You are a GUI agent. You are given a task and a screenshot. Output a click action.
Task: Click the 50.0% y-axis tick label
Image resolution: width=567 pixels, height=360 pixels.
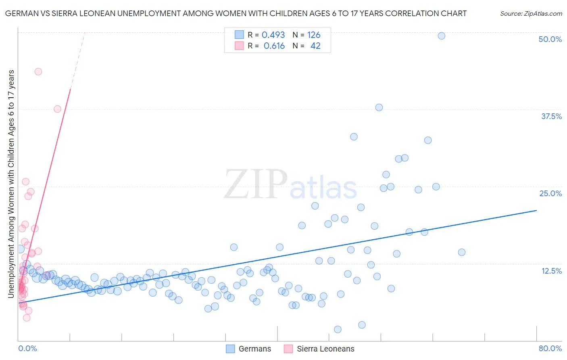[x=550, y=39]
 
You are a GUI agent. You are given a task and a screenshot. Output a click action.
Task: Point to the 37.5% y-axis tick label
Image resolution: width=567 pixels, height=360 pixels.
[x=551, y=116]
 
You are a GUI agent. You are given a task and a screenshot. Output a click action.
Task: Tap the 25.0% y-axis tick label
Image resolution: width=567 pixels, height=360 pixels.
[x=550, y=193]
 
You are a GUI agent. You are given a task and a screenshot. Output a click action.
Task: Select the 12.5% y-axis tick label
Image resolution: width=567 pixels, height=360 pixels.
[x=551, y=271]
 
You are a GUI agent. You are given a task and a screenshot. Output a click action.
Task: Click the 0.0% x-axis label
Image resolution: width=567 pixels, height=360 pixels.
[x=27, y=348]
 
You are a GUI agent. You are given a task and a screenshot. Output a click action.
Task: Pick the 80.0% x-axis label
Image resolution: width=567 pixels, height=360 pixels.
[x=550, y=348]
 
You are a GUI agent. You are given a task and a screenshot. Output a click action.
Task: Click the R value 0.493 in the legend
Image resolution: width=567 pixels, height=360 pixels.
[x=273, y=35]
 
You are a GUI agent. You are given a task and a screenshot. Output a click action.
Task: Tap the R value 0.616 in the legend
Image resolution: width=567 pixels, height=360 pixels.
[x=274, y=46]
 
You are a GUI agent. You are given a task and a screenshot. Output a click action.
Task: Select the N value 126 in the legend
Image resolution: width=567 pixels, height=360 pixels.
[x=314, y=35]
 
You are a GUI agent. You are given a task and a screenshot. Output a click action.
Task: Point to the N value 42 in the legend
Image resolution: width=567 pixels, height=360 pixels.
[x=315, y=46]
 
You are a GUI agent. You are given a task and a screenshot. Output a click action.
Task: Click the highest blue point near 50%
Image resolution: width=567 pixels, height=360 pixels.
[x=442, y=36]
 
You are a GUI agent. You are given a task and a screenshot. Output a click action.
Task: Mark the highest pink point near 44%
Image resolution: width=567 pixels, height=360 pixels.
[x=38, y=71]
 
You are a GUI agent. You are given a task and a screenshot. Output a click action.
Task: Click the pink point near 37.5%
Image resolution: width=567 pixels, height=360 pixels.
[x=57, y=109]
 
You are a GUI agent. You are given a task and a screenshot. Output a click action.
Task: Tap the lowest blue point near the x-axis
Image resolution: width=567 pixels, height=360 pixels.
[x=338, y=329]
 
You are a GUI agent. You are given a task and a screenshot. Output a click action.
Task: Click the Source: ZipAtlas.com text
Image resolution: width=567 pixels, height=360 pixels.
[x=531, y=14]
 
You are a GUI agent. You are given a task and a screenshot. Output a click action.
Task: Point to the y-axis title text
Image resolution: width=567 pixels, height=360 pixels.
[x=11, y=184]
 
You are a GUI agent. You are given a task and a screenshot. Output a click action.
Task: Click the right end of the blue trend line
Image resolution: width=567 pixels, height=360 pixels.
[x=536, y=210]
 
